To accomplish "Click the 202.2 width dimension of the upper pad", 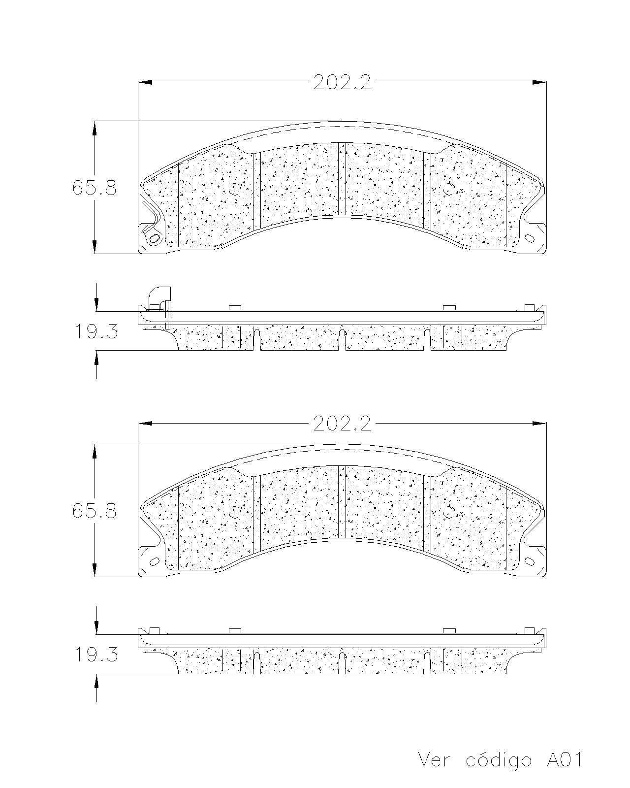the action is pos(342,82).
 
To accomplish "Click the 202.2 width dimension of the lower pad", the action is pos(342,424).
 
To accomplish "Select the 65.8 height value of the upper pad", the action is pos(94,188).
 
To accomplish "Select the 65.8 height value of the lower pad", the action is pos(94,511).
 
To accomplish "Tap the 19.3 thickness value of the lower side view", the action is pos(96,655).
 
